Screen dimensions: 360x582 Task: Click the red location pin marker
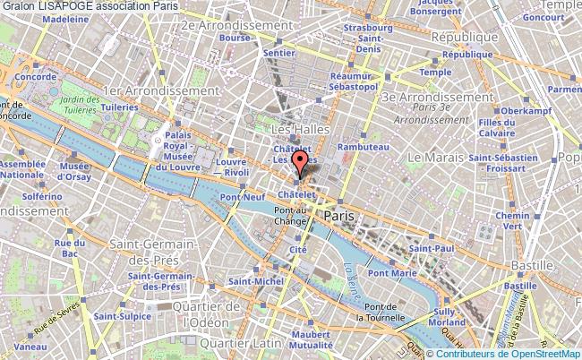pyautogui.click(x=301, y=165)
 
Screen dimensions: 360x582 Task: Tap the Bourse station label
pyautogui.click(x=235, y=39)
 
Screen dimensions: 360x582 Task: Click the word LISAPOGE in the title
pyautogui.click(x=64, y=6)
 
